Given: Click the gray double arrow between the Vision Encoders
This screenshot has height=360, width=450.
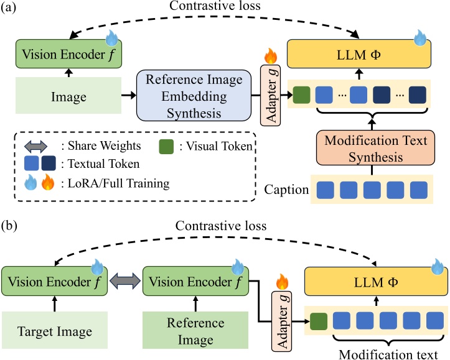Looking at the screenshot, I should point(126,282).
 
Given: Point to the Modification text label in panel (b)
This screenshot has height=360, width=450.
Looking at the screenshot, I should point(388,352).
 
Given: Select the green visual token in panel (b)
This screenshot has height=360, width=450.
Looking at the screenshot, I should point(318,321).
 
